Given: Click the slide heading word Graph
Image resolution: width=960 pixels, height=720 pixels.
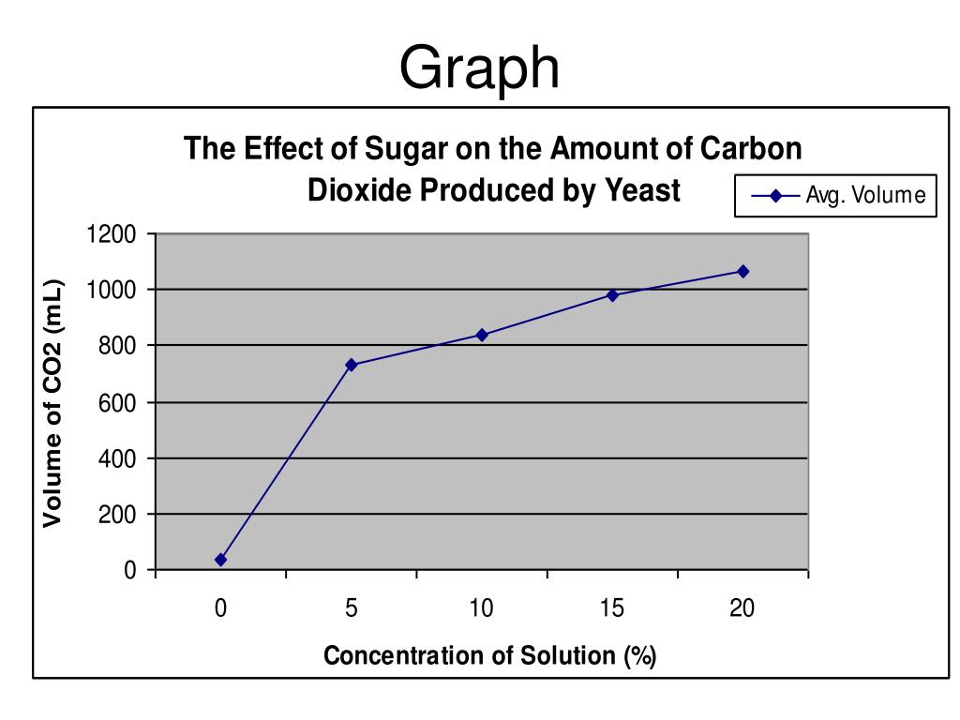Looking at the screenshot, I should click(479, 68).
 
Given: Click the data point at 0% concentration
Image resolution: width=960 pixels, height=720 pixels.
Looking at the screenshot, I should click(220, 560).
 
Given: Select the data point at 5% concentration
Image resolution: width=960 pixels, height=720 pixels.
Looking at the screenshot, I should click(352, 365).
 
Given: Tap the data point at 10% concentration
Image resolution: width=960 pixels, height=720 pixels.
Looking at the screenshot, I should click(482, 335).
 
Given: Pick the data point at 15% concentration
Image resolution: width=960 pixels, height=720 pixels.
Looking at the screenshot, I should click(612, 294).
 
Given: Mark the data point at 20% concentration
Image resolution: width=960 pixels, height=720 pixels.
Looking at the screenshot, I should click(742, 271).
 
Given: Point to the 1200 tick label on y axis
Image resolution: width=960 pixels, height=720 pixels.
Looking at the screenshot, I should click(112, 234).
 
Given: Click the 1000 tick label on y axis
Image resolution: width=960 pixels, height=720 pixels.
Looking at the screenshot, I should click(112, 291).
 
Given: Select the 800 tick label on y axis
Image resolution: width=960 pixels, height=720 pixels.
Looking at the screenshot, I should click(117, 347).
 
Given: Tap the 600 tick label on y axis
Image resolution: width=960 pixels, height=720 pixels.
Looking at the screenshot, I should click(117, 403).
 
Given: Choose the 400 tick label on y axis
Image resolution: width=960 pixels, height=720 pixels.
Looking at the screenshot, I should click(117, 459).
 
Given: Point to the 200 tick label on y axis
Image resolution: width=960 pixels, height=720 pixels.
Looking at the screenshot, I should click(117, 516).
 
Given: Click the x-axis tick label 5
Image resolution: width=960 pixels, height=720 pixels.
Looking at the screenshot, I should click(352, 608).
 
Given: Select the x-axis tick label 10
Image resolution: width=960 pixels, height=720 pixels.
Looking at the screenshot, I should click(482, 608).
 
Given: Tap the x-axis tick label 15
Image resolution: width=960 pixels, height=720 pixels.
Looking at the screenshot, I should click(612, 608).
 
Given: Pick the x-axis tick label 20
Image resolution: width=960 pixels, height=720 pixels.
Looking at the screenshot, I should click(742, 608).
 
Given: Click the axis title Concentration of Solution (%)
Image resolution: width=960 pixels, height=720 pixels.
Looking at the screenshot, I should click(490, 655).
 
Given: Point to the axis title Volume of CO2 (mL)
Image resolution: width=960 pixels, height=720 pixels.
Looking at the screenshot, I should click(53, 403).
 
